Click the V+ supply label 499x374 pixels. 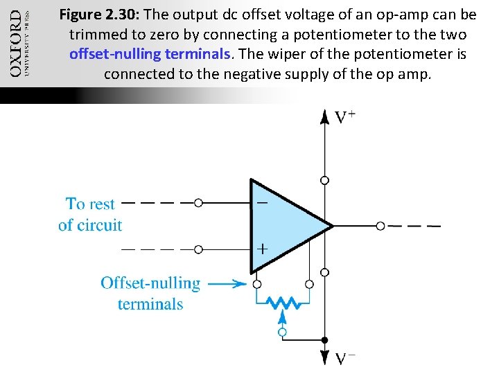click(x=347, y=118)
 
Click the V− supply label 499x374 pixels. click(x=347, y=358)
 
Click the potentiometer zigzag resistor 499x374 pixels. click(x=283, y=302)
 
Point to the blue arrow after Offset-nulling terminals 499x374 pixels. click(x=227, y=283)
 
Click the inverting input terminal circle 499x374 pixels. click(x=199, y=203)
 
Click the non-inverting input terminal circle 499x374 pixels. click(x=199, y=249)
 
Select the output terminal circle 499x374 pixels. click(x=380, y=226)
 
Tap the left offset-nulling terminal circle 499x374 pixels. click(x=257, y=284)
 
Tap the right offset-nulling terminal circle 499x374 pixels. click(x=309, y=284)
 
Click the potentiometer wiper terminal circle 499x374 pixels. click(x=282, y=332)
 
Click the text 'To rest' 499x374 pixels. click(x=90, y=204)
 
